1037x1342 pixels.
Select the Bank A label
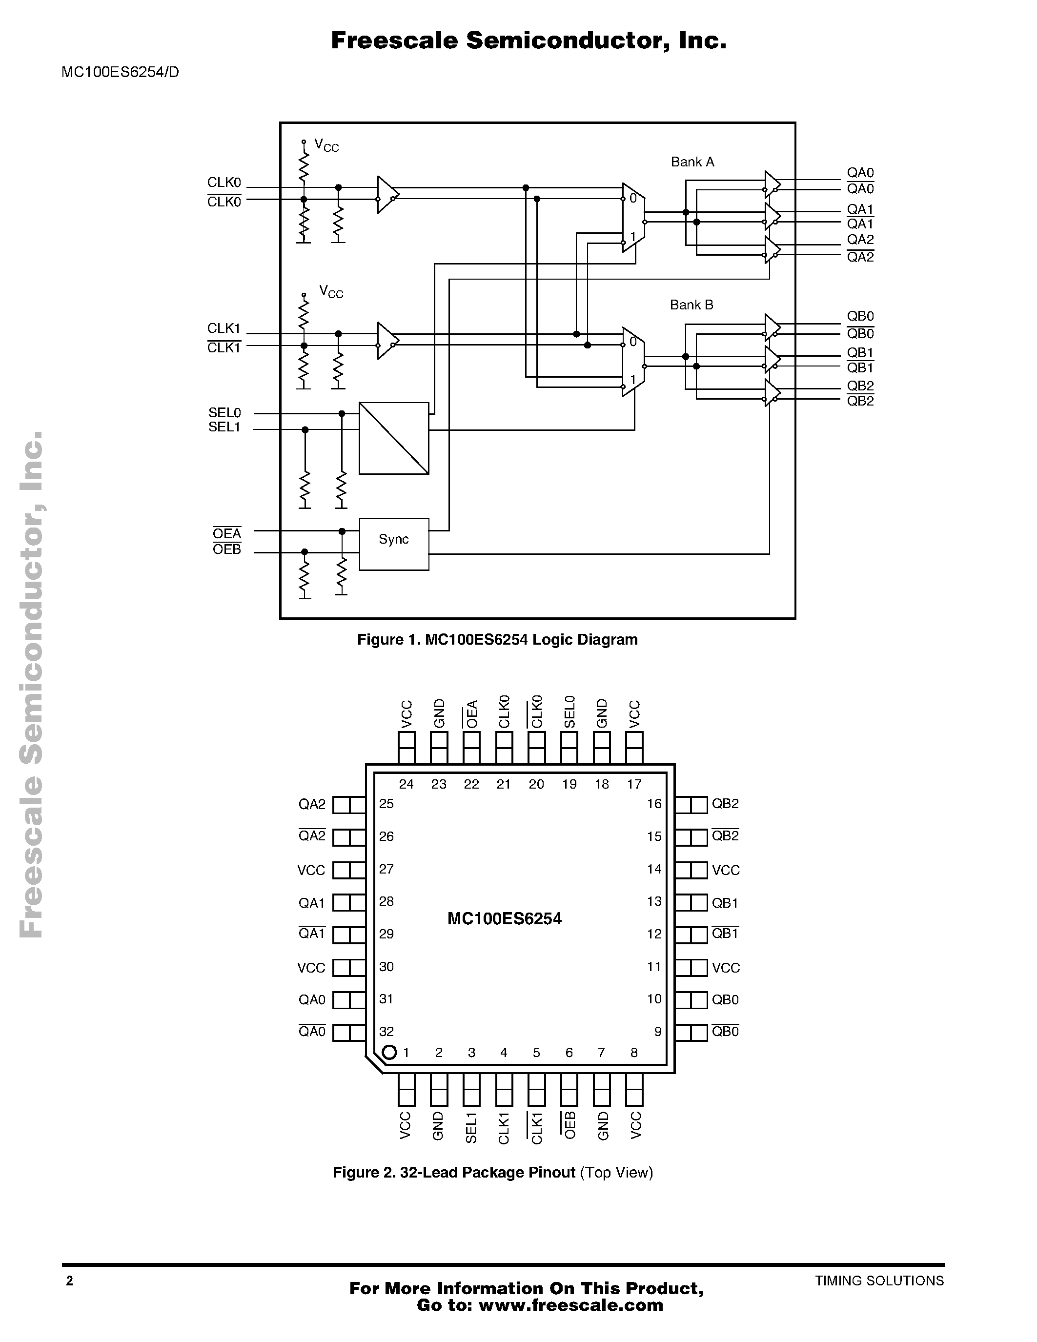(x=692, y=162)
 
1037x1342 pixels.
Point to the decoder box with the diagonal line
(x=394, y=438)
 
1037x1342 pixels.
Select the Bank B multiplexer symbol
(x=633, y=361)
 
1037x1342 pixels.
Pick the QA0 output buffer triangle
(x=772, y=183)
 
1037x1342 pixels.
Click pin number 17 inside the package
(x=634, y=784)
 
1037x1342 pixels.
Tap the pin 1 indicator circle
(x=389, y=1053)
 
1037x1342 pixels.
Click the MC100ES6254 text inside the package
(x=505, y=918)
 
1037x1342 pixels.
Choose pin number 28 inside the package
(x=386, y=901)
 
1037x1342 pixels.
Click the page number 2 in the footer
(x=69, y=1281)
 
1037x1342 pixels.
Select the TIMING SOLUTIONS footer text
(x=879, y=1281)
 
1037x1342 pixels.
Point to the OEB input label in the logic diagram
(x=227, y=549)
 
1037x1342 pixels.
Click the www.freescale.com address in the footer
(x=571, y=1305)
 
